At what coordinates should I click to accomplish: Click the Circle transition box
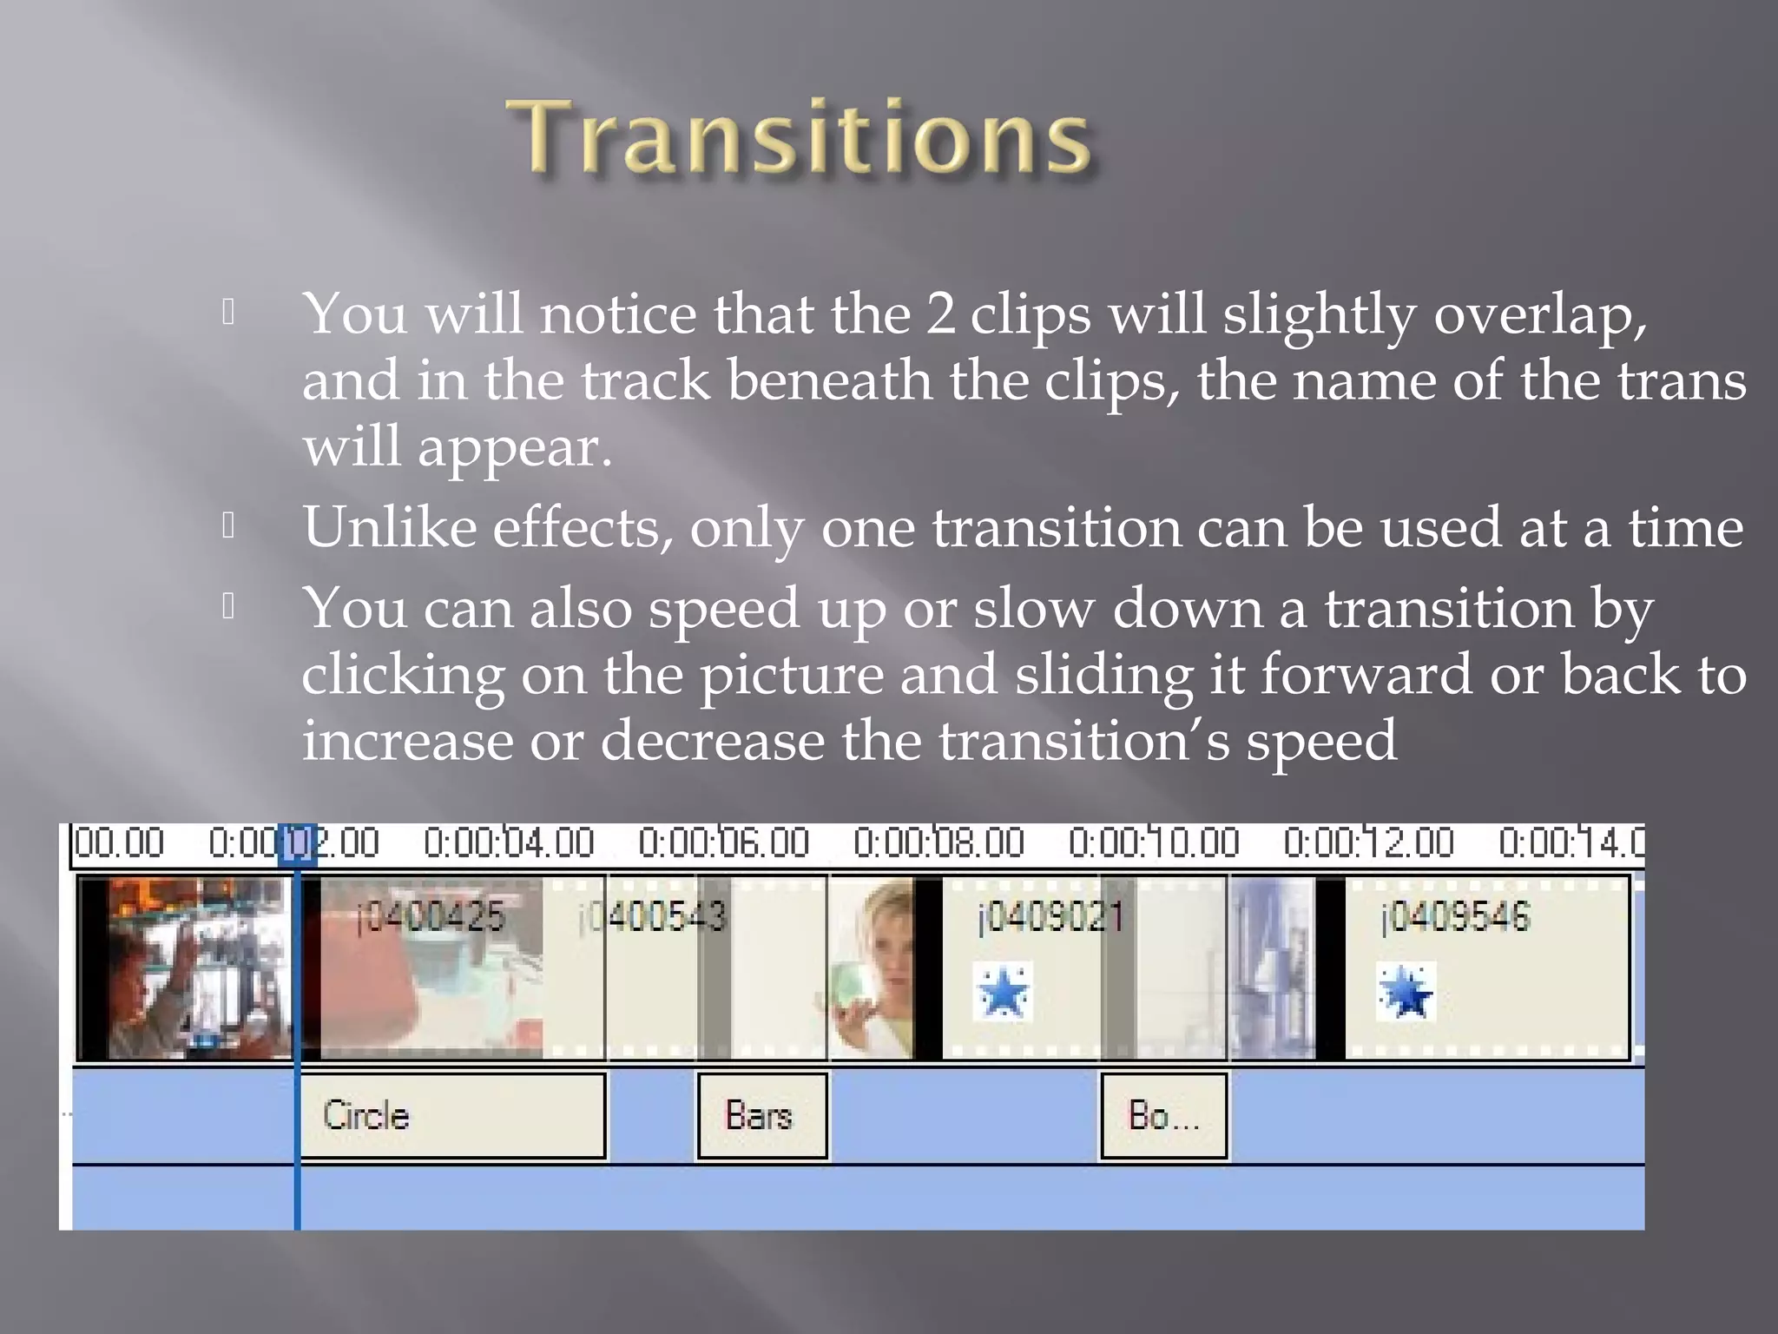[451, 1116]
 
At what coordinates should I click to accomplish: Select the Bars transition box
[761, 1116]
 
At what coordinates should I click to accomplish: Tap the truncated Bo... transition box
[1163, 1116]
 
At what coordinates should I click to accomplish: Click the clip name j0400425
[431, 917]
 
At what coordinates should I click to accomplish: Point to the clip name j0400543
[652, 917]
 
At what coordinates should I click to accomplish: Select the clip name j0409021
[1050, 917]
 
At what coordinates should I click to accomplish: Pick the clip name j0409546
[1455, 917]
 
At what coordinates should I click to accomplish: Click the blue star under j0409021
[1003, 992]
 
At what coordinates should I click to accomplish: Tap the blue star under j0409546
[1406, 992]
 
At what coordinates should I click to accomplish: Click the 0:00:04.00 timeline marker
[509, 843]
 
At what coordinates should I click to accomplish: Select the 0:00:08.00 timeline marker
[938, 843]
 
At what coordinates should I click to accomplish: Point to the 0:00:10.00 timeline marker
[1154, 843]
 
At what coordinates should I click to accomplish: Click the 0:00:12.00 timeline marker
[1368, 843]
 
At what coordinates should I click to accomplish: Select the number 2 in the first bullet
[939, 314]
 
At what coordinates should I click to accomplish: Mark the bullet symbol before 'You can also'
[228, 605]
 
